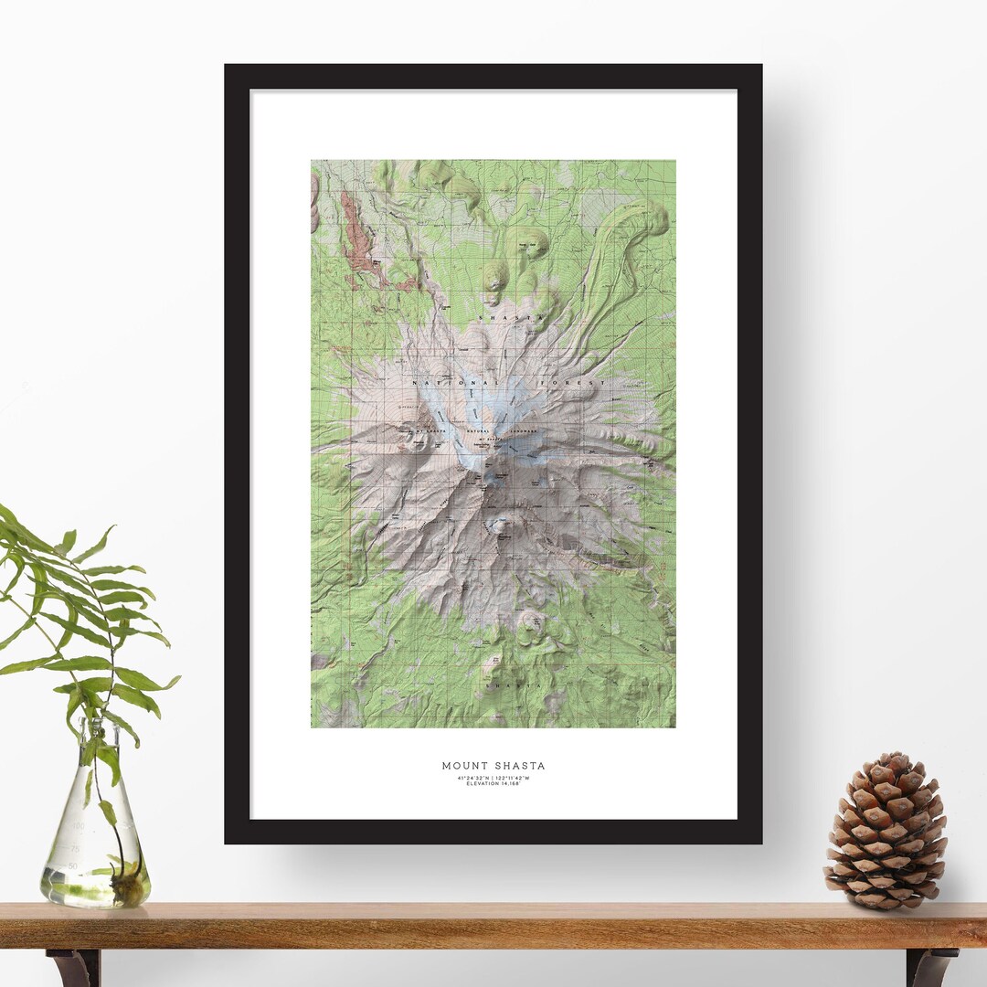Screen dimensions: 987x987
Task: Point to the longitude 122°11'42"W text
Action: pyautogui.click(x=516, y=778)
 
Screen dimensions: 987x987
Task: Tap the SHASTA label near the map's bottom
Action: pyautogui.click(x=504, y=685)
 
